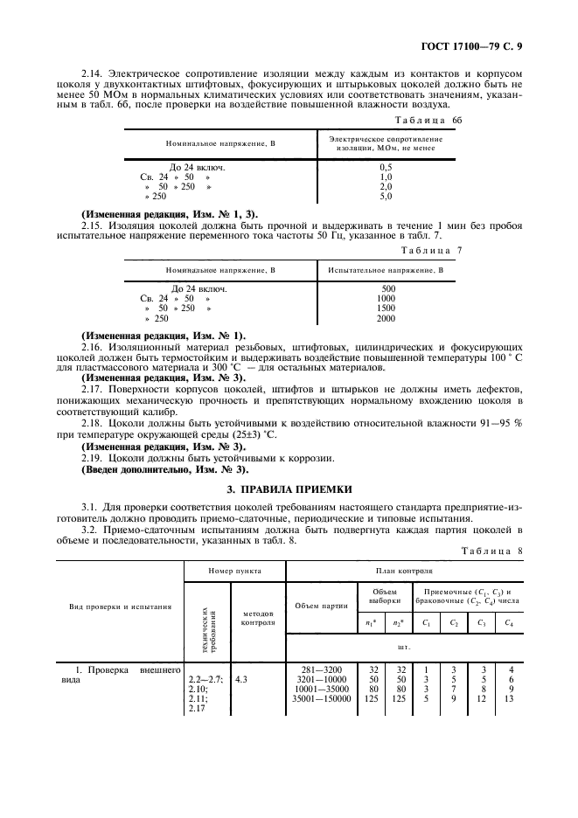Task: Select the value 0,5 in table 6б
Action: click(x=386, y=166)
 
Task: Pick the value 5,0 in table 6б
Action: click(x=386, y=197)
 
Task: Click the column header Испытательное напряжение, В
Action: click(x=386, y=271)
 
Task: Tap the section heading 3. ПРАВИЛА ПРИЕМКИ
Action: click(x=289, y=489)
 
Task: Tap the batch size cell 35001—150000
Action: click(x=320, y=698)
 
